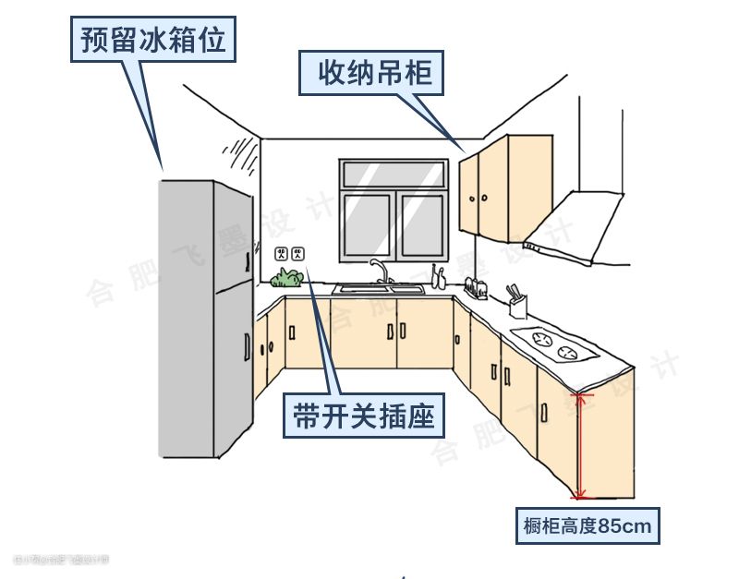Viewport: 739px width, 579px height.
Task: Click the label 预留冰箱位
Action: click(152, 41)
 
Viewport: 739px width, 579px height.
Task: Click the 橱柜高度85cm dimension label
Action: click(588, 526)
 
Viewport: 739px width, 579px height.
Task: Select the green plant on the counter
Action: click(290, 277)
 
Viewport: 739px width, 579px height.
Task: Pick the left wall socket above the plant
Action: click(282, 253)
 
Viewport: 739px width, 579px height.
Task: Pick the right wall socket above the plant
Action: click(297, 253)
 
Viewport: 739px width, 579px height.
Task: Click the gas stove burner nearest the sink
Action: click(538, 336)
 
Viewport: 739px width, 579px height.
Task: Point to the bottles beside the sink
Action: click(438, 276)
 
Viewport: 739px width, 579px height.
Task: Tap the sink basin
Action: click(380, 289)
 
